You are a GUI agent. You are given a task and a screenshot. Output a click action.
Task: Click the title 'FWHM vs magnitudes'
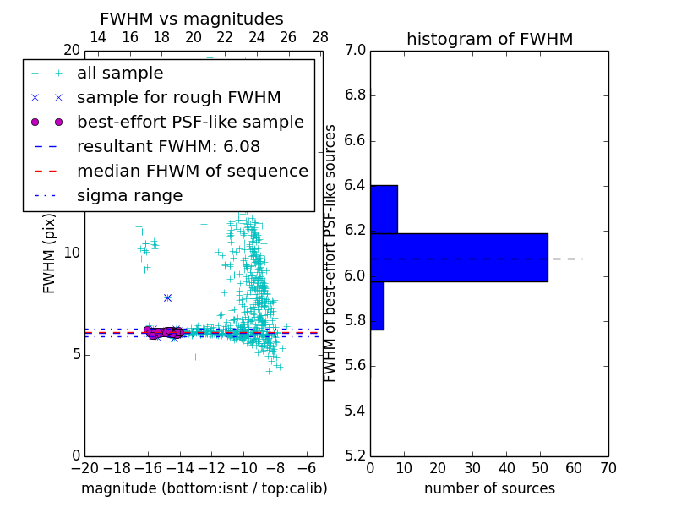pyautogui.click(x=192, y=19)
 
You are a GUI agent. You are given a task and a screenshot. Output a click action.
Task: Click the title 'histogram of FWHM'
pyautogui.click(x=489, y=39)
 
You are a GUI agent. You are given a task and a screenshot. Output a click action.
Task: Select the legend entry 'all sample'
pyautogui.click(x=120, y=74)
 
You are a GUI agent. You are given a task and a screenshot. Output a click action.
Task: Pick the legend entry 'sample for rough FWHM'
pyautogui.click(x=178, y=98)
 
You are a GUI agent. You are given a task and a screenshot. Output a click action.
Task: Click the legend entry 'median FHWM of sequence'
pyautogui.click(x=192, y=171)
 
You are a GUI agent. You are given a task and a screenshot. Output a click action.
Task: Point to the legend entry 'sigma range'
pyautogui.click(x=129, y=195)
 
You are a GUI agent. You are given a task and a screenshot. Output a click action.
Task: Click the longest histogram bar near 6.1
pyautogui.click(x=459, y=258)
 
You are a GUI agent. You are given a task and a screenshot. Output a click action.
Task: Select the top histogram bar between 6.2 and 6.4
pyautogui.click(x=384, y=209)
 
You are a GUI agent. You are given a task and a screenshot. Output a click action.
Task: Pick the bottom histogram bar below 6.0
pyautogui.click(x=377, y=305)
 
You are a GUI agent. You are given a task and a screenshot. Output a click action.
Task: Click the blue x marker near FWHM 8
pyautogui.click(x=167, y=297)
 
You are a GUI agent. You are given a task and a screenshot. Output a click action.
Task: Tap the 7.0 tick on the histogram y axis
pyautogui.click(x=355, y=51)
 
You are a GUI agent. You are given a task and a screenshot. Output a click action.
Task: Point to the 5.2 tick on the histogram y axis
pyautogui.click(x=355, y=455)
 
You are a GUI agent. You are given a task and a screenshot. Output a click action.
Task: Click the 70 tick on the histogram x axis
pyautogui.click(x=608, y=468)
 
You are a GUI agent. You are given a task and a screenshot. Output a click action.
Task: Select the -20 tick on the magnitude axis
pyautogui.click(x=84, y=468)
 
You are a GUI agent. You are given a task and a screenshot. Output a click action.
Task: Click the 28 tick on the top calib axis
pyautogui.click(x=320, y=37)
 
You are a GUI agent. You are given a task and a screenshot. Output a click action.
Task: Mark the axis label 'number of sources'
pyautogui.click(x=489, y=488)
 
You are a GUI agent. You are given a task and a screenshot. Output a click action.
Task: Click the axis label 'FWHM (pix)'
pyautogui.click(x=50, y=253)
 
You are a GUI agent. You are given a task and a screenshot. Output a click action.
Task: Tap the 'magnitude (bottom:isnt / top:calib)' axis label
pyautogui.click(x=204, y=488)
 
